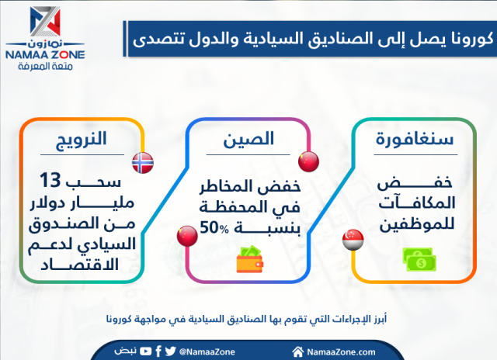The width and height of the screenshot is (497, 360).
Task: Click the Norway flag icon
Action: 143,162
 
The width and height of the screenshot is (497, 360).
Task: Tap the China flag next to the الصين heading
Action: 308,162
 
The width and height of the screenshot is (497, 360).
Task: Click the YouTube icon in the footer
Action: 146,351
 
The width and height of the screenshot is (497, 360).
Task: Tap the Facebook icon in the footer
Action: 159,351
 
